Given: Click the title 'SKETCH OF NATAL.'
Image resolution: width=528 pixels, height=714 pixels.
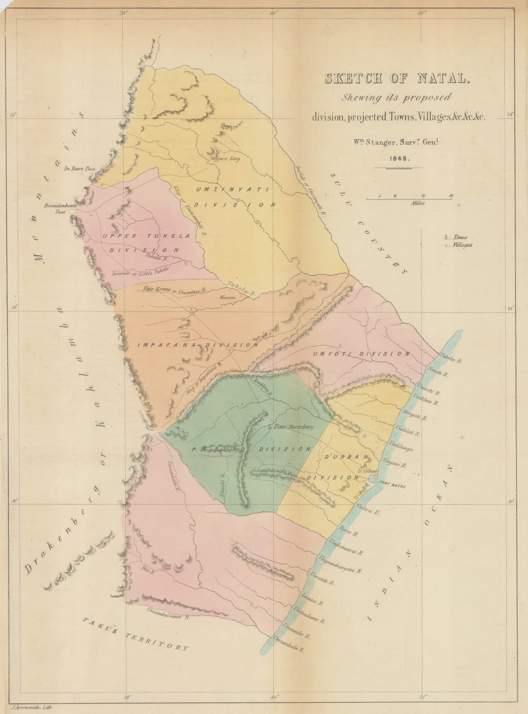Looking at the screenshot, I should [395, 79].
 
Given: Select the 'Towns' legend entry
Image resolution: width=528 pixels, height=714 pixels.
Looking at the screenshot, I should [458, 237].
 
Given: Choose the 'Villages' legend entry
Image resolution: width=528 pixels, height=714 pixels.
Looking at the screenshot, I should [460, 245].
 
